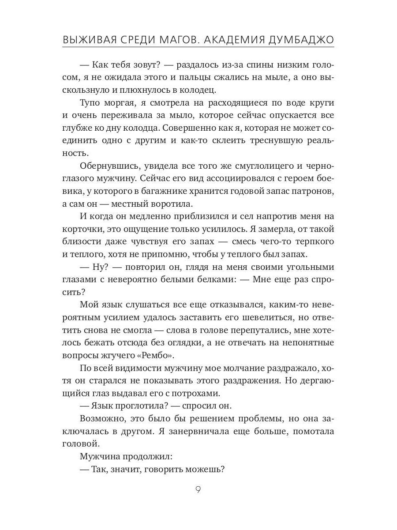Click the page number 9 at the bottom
pos(198,490)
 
